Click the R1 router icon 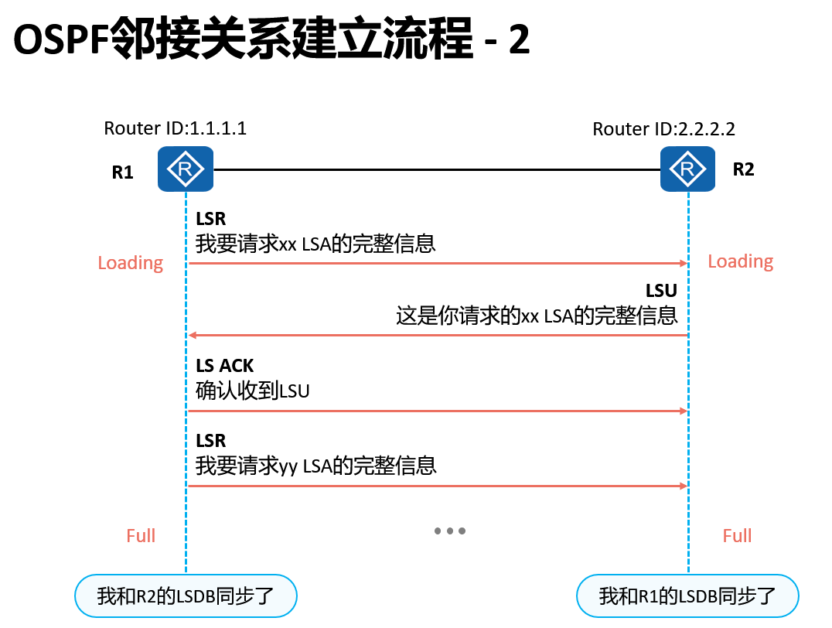[186, 169]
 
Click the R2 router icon [687, 169]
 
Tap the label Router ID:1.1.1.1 [176, 128]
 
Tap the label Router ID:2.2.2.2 [663, 128]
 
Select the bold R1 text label [123, 172]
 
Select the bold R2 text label [743, 170]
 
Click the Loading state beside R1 [131, 263]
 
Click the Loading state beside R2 [740, 261]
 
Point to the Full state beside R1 [141, 535]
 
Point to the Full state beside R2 [737, 535]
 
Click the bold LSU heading [661, 291]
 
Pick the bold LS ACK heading [224, 366]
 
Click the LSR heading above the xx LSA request [211, 220]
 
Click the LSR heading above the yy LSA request [211, 441]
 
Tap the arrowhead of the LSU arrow [193, 336]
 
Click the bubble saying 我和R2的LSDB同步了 [186, 596]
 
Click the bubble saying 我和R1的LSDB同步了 [687, 596]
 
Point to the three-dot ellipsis [450, 531]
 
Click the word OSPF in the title [61, 42]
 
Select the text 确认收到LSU [253, 391]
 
